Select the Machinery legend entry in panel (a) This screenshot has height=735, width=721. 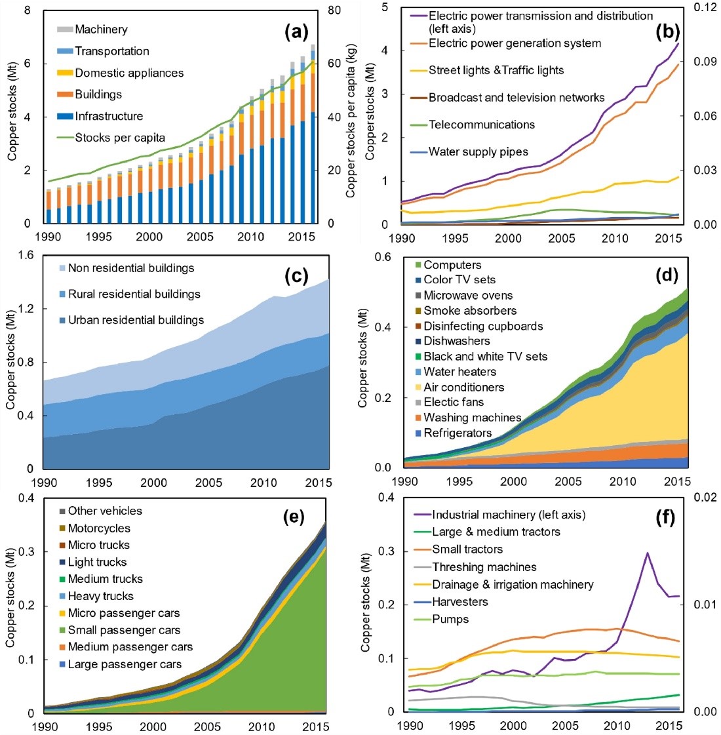click(x=101, y=30)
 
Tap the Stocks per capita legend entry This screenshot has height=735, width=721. click(x=120, y=138)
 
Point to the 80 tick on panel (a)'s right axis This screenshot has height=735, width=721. click(x=334, y=10)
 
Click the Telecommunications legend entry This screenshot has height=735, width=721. click(x=481, y=125)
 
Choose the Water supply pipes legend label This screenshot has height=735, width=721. click(x=478, y=152)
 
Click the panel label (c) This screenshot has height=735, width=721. click(x=296, y=276)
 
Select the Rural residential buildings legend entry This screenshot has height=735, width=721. click(x=134, y=294)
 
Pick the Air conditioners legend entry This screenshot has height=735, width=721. click(x=463, y=387)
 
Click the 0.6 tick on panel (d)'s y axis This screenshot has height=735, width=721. click(x=383, y=257)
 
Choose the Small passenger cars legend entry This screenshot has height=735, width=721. click(x=123, y=631)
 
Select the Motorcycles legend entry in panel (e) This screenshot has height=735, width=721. click(x=98, y=528)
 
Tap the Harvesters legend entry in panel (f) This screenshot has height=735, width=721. click(x=459, y=602)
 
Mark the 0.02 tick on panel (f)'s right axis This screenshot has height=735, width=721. click(x=704, y=497)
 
